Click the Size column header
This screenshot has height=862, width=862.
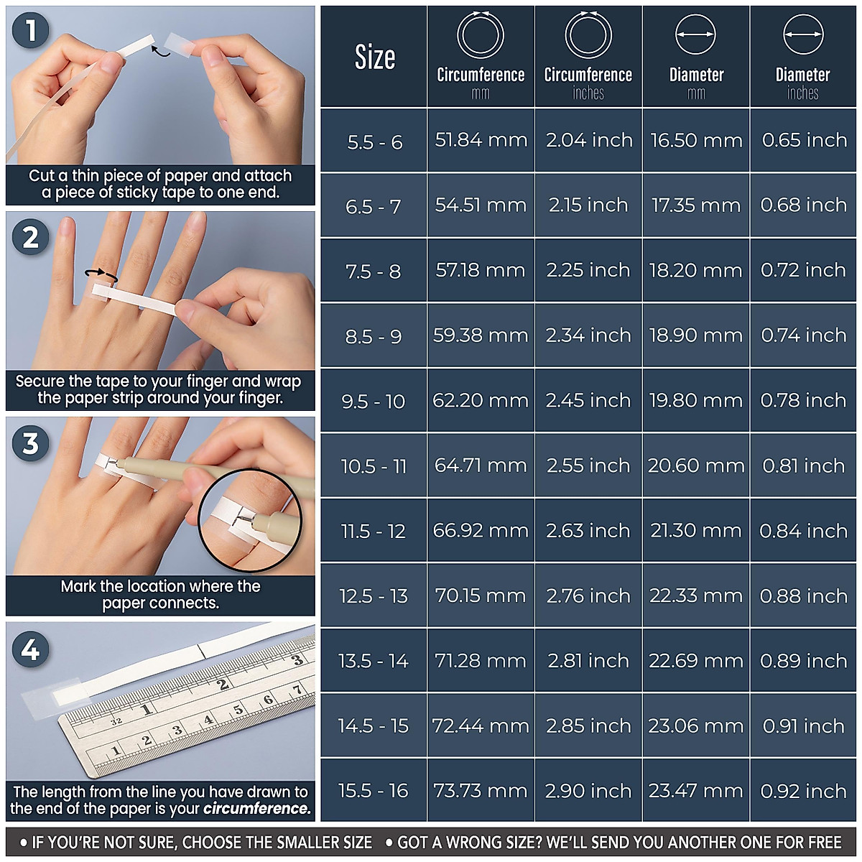(x=374, y=57)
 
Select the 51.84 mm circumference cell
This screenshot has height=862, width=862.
(x=481, y=140)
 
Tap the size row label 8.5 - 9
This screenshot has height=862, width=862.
(x=374, y=336)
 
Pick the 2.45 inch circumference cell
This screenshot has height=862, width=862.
(x=588, y=400)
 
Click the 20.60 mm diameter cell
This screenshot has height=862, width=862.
(x=696, y=465)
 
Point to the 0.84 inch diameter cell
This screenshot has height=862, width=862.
(x=803, y=531)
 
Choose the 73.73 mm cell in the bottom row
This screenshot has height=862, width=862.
(x=481, y=791)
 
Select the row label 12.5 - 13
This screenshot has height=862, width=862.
(x=374, y=596)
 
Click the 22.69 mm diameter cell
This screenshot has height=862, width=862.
(x=696, y=661)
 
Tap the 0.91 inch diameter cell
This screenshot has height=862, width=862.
(x=803, y=726)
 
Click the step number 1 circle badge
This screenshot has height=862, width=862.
(x=30, y=31)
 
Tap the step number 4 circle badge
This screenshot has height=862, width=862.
(x=30, y=650)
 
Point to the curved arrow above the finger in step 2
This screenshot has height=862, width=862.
(x=101, y=273)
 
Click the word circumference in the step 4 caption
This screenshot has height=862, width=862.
(x=256, y=809)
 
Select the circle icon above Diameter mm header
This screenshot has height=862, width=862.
(x=696, y=34)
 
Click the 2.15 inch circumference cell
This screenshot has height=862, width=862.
(x=588, y=205)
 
